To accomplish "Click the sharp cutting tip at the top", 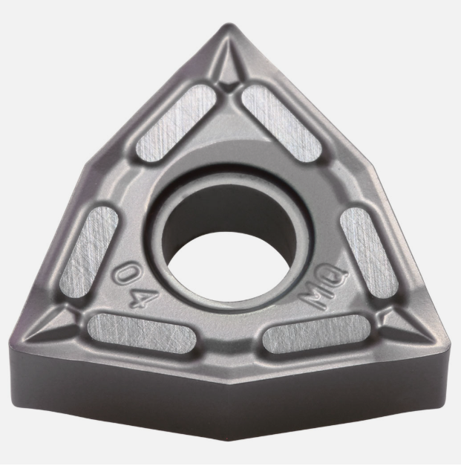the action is pyautogui.click(x=229, y=25).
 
